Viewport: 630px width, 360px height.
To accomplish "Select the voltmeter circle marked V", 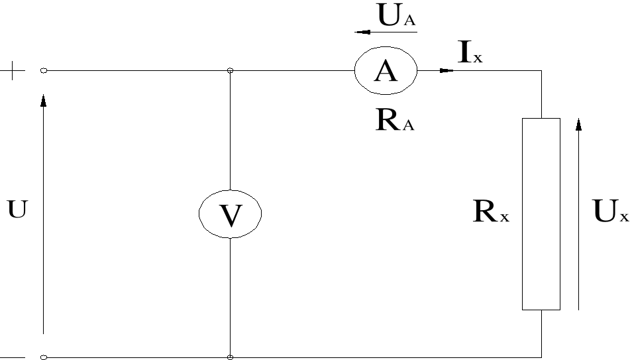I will [x=230, y=213].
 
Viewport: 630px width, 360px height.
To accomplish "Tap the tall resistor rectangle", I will [x=541, y=213].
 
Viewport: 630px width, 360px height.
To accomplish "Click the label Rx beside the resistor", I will [x=491, y=211].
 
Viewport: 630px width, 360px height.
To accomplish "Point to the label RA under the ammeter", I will [x=395, y=122].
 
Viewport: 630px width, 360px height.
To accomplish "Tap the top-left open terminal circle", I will [x=44, y=70].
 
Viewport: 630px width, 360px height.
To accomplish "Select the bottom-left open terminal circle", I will [x=44, y=357].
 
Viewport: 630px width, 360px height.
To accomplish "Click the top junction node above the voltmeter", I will [x=230, y=70].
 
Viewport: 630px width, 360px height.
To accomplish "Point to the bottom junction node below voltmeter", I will [x=230, y=357].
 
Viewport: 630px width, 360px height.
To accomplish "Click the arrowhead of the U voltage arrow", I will [x=44, y=99].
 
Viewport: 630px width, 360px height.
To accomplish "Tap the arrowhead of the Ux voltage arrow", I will [x=579, y=125].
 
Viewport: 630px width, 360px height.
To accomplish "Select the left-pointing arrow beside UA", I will [x=362, y=31].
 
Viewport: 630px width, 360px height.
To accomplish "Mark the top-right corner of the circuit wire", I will [x=541, y=70].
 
